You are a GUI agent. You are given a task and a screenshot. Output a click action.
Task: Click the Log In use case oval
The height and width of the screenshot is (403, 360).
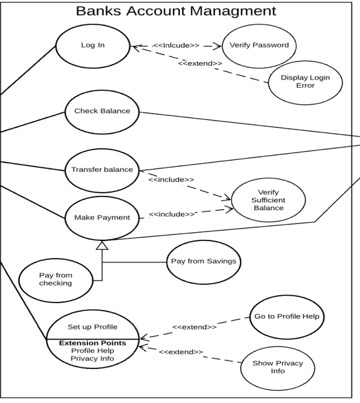click(x=93, y=45)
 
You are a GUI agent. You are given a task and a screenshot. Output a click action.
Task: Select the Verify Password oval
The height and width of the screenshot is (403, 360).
click(x=250, y=46)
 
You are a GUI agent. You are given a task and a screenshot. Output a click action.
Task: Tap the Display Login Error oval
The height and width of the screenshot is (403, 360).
click(x=305, y=82)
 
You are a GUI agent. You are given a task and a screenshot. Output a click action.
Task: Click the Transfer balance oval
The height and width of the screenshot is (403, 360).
click(x=102, y=169)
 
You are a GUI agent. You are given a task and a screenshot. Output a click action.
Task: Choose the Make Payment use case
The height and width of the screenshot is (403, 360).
click(x=102, y=218)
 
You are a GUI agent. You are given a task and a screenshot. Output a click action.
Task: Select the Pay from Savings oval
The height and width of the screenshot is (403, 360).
click(x=204, y=261)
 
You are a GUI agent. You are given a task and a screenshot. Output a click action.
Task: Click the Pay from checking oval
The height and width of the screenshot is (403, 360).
click(x=55, y=279)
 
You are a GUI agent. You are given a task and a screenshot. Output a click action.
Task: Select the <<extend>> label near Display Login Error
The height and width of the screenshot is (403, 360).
click(x=200, y=63)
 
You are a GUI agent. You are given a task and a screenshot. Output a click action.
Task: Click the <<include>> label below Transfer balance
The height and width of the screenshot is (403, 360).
click(x=171, y=180)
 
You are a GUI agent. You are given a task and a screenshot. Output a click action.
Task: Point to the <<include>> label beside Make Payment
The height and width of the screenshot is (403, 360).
click(x=172, y=215)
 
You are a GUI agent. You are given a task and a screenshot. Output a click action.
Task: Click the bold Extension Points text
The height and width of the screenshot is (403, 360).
click(x=92, y=343)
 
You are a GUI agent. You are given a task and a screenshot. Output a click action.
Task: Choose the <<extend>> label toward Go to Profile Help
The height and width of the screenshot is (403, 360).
click(x=194, y=327)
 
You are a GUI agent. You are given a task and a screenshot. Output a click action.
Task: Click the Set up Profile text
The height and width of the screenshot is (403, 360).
click(x=92, y=327)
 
